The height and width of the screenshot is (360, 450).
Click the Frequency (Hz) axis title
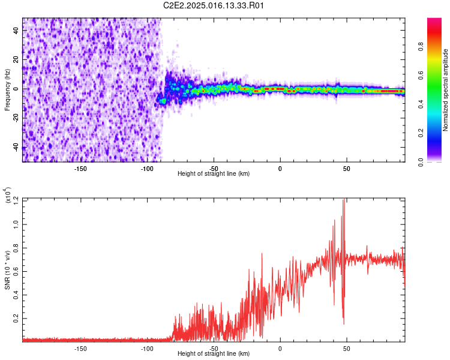[x=7, y=90]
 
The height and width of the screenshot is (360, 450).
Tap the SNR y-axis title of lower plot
[x=7, y=270]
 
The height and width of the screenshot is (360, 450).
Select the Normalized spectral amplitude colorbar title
[x=446, y=90]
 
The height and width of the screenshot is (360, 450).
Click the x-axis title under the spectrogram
[x=214, y=173]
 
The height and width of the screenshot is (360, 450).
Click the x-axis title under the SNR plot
[x=214, y=353]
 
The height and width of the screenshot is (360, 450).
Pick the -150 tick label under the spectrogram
[x=80, y=169]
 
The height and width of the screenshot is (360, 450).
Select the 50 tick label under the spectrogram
[x=347, y=169]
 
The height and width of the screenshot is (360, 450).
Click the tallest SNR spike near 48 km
[x=344, y=202]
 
